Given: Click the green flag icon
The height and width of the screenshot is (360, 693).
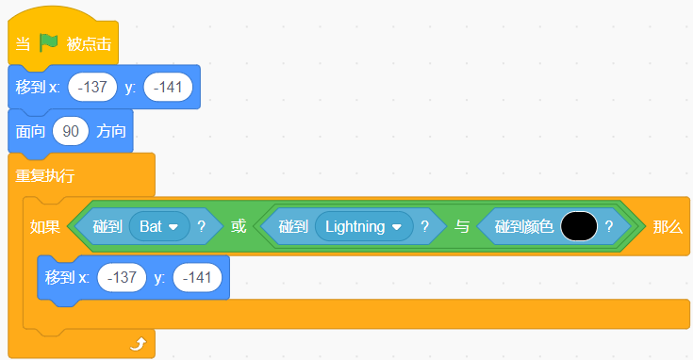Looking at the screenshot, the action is coord(49,42).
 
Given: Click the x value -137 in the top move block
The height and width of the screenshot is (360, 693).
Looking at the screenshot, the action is coord(92,87).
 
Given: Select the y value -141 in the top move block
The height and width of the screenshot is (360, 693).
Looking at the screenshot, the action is coord(168,87).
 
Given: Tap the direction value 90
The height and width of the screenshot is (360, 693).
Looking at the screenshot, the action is coord(71,131).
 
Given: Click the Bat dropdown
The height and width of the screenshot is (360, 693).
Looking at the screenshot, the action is coord(159,226).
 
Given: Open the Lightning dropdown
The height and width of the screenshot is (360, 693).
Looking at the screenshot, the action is coord(364,226).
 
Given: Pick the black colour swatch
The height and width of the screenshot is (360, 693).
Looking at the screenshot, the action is coord(579,226).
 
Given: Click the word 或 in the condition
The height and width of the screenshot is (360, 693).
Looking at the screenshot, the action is coord(239,226).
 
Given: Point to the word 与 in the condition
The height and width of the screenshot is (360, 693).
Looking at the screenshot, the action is coord(462,226).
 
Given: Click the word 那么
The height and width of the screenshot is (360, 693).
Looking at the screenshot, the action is coord(668,226).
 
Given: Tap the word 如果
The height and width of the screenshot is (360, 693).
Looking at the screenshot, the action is coord(44,226).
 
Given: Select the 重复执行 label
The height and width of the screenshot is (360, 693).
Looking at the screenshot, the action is coord(45,176).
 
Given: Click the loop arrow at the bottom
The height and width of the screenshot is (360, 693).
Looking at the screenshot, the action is coord(138,344).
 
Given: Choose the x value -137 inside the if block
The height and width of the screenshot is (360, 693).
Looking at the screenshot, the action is coord(122,277).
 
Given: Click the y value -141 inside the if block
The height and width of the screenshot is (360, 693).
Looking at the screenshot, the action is coord(197,277).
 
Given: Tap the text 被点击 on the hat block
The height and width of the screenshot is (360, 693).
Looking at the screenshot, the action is coord(89,43).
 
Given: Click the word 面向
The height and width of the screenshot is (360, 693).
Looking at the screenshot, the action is coord(30,131).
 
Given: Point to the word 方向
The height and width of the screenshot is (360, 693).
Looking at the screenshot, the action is coord(111,131).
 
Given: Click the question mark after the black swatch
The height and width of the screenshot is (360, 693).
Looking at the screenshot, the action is coord(609,226).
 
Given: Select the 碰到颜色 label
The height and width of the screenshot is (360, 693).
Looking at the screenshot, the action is coord(524,226).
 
